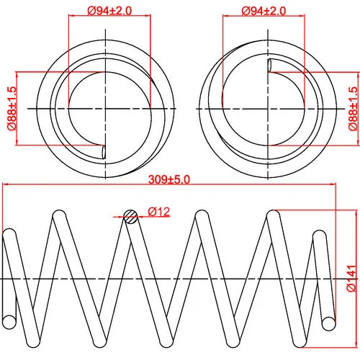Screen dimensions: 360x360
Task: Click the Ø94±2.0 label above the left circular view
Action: click(109, 11)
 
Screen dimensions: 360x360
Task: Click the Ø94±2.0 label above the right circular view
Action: click(264, 11)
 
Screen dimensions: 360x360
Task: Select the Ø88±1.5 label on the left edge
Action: click(12, 108)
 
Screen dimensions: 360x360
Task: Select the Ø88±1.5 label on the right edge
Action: click(353, 109)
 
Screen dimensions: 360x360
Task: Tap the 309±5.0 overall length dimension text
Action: click(169, 179)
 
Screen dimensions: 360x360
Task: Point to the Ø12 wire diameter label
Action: click(159, 212)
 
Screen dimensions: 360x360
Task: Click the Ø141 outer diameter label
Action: click(351, 278)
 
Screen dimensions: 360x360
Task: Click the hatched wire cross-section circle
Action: click(131, 217)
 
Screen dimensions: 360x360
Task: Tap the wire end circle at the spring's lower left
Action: click(9, 322)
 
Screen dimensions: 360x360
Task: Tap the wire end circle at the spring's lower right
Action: click(329, 323)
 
